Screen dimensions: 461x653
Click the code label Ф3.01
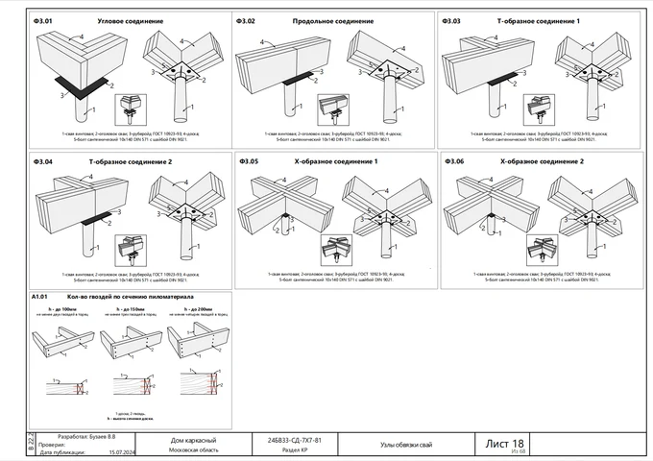(43, 20)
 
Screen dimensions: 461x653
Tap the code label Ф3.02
(246, 20)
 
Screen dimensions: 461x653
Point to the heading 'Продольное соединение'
(332, 20)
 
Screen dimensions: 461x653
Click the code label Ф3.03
(450, 20)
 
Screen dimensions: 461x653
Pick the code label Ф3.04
(43, 161)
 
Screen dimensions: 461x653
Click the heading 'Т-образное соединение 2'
(131, 161)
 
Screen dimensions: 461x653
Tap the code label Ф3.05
(249, 161)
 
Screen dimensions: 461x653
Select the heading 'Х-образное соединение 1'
(336, 161)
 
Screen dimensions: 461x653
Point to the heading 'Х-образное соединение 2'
(542, 161)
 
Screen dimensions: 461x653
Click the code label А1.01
(41, 297)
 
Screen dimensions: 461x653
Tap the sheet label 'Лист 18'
(505, 442)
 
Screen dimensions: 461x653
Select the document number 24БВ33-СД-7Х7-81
(302, 439)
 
